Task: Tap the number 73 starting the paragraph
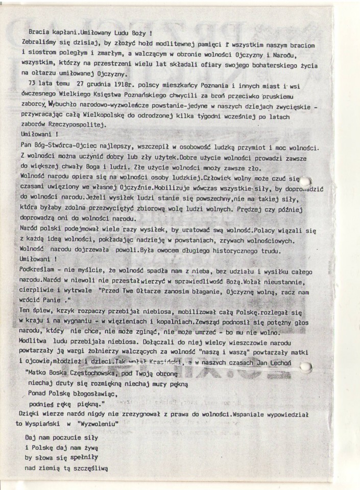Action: [x=33, y=84]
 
